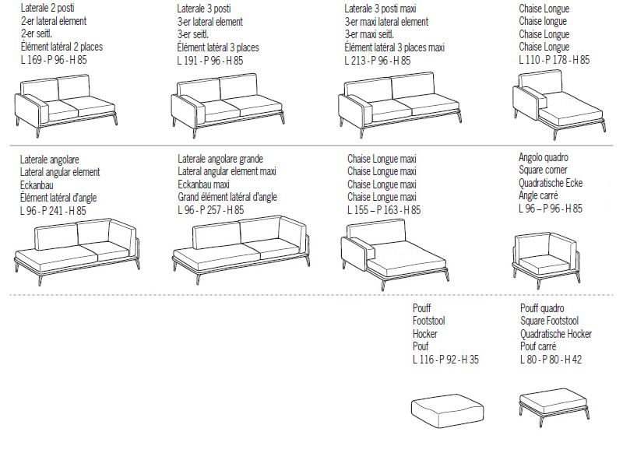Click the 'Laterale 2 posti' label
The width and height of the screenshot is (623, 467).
(x=48, y=8)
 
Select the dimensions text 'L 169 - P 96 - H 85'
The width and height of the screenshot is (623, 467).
(x=54, y=60)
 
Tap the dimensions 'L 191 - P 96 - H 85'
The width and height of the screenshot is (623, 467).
(x=210, y=61)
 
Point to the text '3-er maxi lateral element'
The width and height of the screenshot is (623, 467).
(x=386, y=22)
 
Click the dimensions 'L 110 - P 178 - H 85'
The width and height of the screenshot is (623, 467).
(x=554, y=60)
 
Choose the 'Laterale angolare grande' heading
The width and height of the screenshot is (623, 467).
(x=220, y=159)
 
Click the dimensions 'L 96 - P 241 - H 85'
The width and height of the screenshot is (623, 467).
(x=53, y=210)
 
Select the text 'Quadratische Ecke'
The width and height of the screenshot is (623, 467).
(x=551, y=183)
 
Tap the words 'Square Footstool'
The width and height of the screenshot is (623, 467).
(x=550, y=321)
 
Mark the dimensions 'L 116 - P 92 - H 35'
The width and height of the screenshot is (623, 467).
(x=445, y=360)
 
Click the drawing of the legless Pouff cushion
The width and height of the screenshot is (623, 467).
(x=447, y=411)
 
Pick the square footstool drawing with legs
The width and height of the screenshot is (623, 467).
(x=554, y=406)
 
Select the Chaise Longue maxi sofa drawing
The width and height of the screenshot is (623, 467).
(x=395, y=255)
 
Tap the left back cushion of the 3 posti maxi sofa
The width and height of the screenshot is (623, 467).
(x=368, y=92)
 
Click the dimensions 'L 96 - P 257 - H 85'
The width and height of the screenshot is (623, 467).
(x=211, y=210)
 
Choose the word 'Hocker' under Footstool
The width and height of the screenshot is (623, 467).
(x=425, y=334)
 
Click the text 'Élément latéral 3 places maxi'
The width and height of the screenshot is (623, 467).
(x=395, y=47)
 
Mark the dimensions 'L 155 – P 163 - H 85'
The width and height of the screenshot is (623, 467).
(x=384, y=210)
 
